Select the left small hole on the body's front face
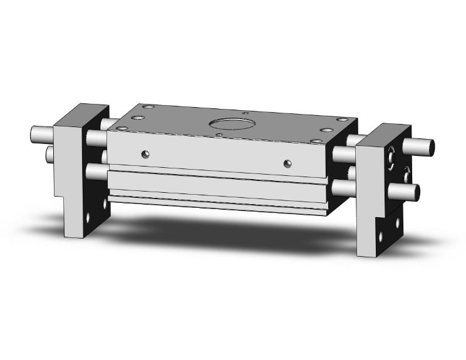pyautogui.click(x=145, y=153)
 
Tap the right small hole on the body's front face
pyautogui.click(x=287, y=163)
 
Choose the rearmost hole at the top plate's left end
pyautogui.click(x=148, y=108)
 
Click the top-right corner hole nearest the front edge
pyautogui.click(x=326, y=130)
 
